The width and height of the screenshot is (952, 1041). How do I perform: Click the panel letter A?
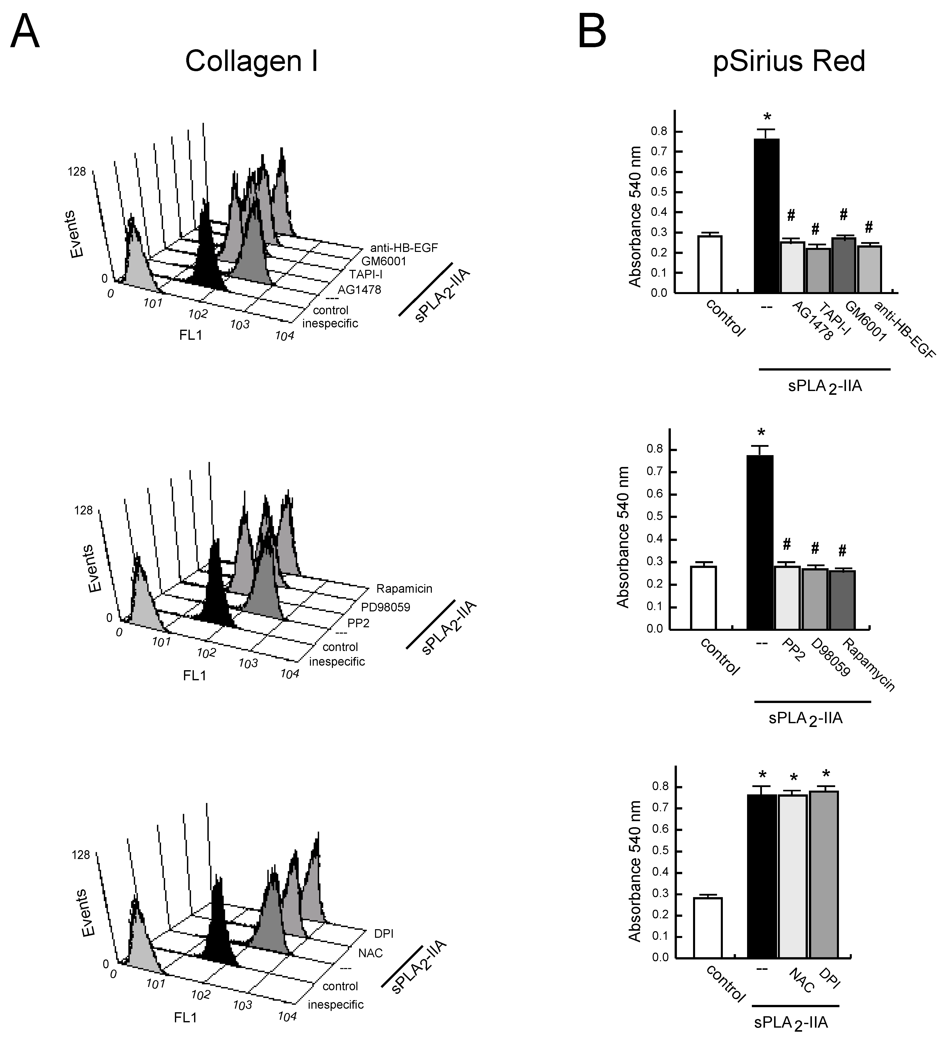click(x=25, y=32)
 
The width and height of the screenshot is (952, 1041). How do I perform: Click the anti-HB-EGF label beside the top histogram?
click(x=404, y=248)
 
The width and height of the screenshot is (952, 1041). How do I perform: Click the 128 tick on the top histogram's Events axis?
click(x=76, y=171)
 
